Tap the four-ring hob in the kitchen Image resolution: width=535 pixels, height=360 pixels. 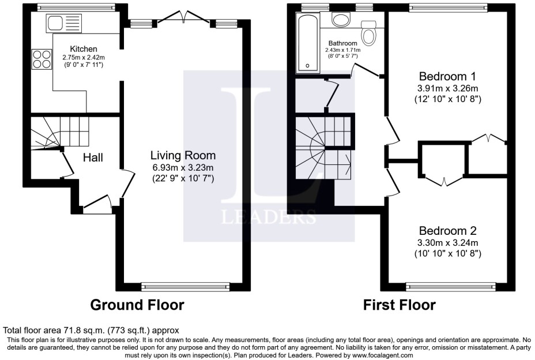pyautogui.click(x=42, y=57)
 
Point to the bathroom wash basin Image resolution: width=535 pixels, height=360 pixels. pyautogui.click(x=340, y=20)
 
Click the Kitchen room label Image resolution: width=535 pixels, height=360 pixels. pyautogui.click(x=84, y=49)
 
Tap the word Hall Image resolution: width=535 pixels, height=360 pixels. pyautogui.click(x=93, y=157)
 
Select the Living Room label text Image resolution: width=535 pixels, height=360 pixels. pyautogui.click(x=183, y=155)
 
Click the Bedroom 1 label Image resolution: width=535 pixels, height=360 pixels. pyautogui.click(x=447, y=76)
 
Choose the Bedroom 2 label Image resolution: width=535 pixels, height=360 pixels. pyautogui.click(x=447, y=230)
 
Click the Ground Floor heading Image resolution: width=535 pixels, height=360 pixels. pyautogui.click(x=137, y=305)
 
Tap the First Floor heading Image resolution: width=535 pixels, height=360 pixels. pyautogui.click(x=399, y=305)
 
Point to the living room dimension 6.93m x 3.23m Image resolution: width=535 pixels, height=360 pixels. pyautogui.click(x=183, y=167)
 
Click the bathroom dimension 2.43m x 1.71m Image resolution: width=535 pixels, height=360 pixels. pyautogui.click(x=343, y=51)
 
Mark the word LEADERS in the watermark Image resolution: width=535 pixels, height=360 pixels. pyautogui.click(x=269, y=217)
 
